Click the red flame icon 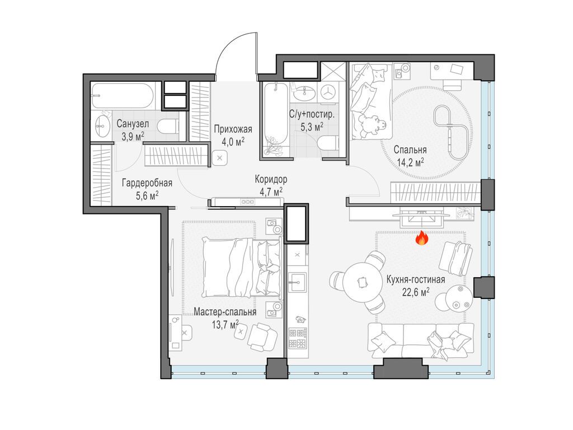[x=422, y=237]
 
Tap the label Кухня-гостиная [x=416, y=280]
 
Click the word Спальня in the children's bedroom [x=410, y=150]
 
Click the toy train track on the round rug [x=451, y=132]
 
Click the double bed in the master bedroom [x=242, y=267]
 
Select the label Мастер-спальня [x=225, y=312]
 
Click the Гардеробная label [x=147, y=183]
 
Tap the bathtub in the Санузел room [x=123, y=96]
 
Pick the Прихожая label [x=233, y=129]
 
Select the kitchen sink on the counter [x=297, y=282]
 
